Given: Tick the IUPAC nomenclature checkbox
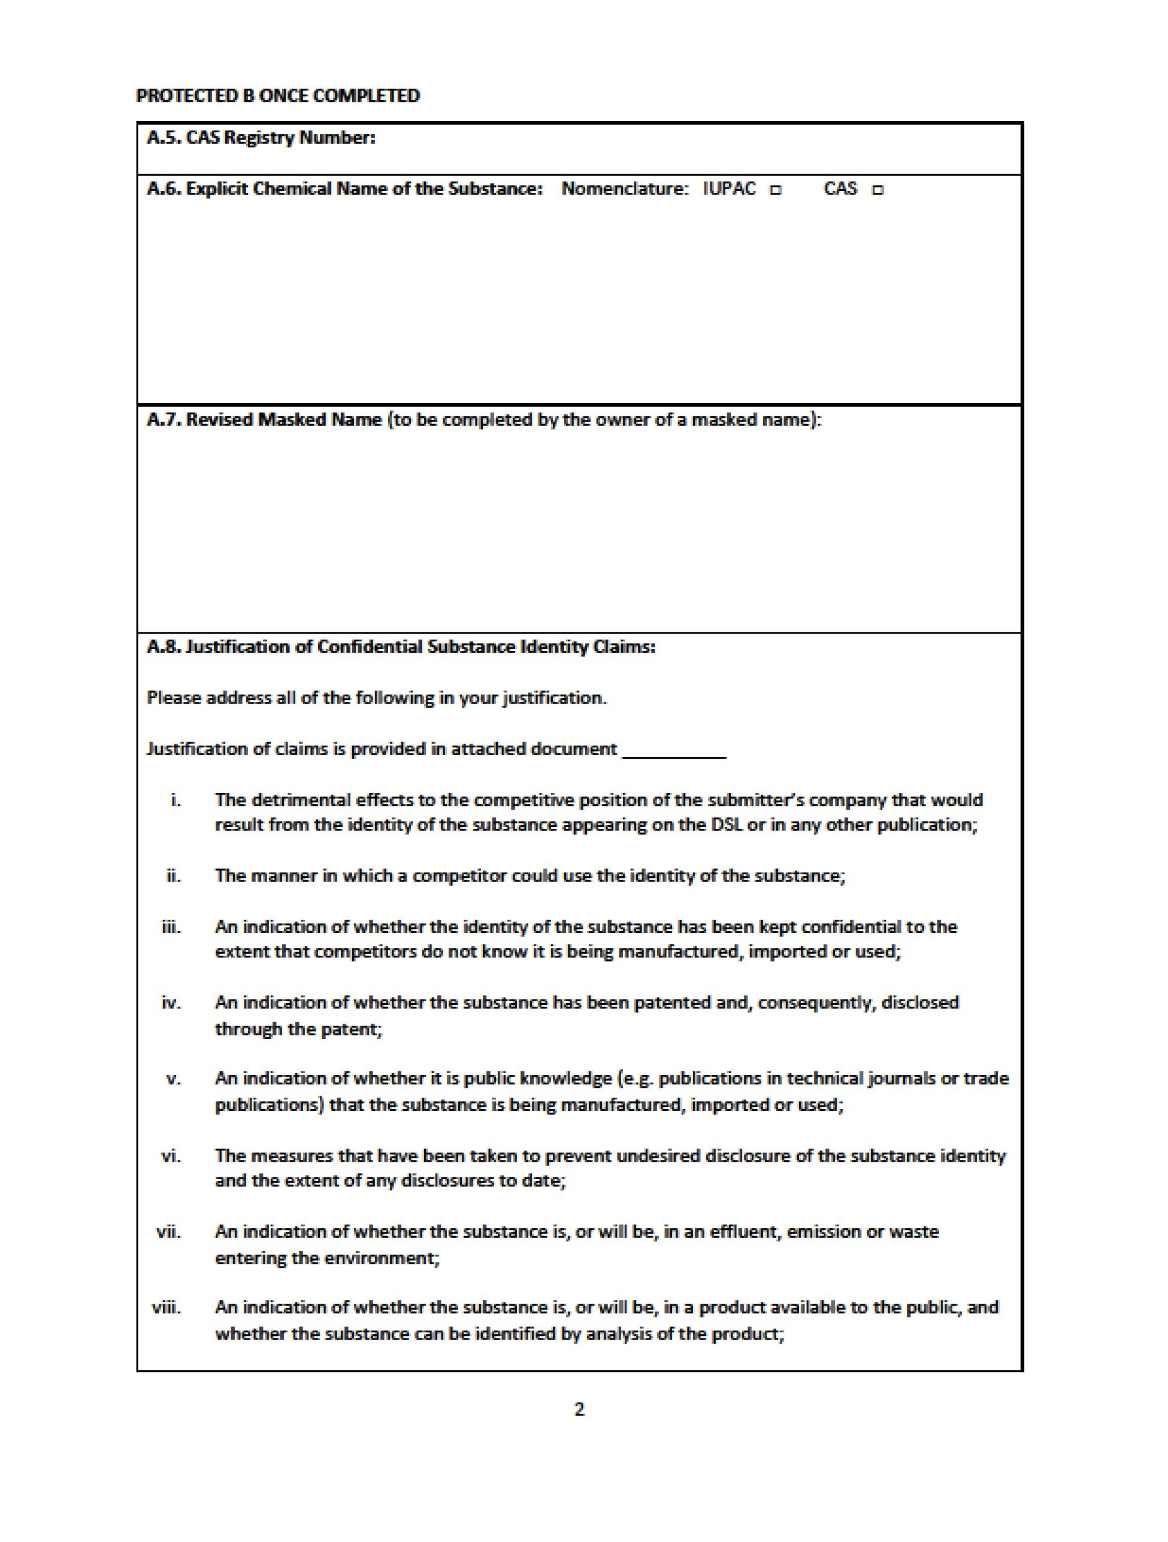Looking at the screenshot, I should click(776, 190).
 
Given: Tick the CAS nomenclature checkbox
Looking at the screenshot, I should click(878, 190).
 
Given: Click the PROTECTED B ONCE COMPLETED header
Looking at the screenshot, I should click(277, 95).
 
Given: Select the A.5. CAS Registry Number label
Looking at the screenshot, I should click(261, 137).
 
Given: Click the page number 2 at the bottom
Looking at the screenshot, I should click(579, 1409).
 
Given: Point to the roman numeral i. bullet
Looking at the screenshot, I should click(175, 800).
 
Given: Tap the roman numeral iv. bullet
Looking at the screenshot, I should click(171, 1003).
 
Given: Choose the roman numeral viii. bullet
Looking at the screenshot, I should click(167, 1307).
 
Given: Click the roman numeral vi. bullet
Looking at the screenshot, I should click(171, 1156).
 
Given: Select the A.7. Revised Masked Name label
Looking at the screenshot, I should click(264, 420).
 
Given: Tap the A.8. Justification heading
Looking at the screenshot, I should click(401, 647).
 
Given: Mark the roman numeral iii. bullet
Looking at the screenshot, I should click(171, 927).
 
